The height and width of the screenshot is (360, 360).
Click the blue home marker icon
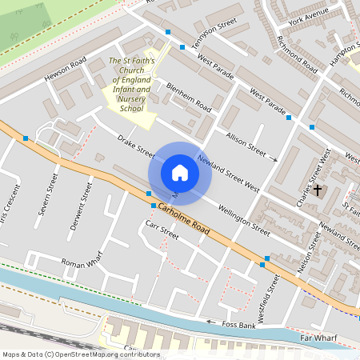pos(179,172)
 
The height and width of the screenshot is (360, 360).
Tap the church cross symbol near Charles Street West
pos(318,190)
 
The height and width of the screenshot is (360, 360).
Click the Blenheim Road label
pos(189,97)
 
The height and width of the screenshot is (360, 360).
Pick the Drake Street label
pos(135,146)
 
